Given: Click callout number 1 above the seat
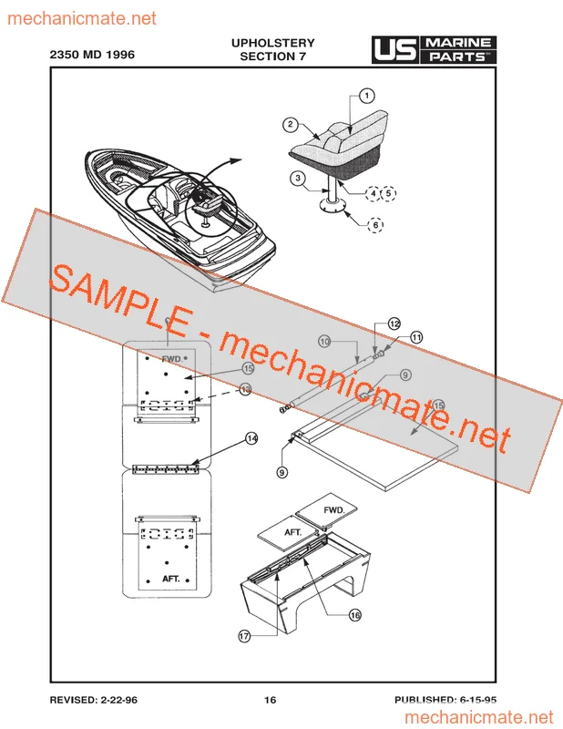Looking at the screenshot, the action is coord(367,96).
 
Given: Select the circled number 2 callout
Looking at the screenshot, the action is coord(291,124).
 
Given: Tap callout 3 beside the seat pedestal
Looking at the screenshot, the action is coord(298,178).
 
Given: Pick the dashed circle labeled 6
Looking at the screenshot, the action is coord(375,225).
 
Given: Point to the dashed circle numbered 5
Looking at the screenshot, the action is coord(389,193).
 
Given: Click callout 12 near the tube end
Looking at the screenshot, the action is coord(394,323).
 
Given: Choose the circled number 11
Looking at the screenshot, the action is coord(416,337).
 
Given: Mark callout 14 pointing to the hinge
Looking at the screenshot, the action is coord(251,438).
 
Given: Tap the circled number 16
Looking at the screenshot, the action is coord(354,615).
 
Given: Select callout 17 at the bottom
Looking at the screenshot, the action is coord(244,636).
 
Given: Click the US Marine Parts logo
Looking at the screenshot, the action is coord(435,50).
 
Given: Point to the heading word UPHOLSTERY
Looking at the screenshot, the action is coord(273,43).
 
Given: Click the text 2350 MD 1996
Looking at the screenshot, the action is coord(92,55).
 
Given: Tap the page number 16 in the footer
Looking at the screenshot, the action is coord(270,700).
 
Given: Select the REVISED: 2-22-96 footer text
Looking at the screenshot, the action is coord(94,700).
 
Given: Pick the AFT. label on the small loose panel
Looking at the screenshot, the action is coord(293,532).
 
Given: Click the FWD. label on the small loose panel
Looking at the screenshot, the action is coord(334,510).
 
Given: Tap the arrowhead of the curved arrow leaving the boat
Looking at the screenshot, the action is coord(236,160).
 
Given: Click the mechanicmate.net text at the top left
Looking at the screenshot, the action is coord(82,18).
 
